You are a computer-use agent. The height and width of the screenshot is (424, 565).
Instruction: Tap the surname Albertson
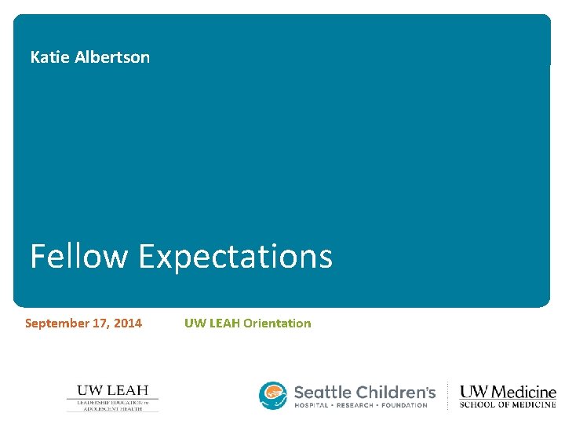112,57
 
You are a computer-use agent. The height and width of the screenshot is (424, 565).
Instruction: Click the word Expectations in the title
235,257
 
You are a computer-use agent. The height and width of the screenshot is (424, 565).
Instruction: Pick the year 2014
129,323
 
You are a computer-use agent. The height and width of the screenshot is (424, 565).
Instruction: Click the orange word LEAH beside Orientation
224,323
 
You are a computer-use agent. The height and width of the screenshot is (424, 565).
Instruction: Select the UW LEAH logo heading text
112,390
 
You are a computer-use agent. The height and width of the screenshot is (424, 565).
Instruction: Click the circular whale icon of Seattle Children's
274,396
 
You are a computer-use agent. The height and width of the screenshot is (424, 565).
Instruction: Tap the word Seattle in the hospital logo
323,391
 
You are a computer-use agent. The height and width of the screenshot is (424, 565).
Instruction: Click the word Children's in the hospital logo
395,391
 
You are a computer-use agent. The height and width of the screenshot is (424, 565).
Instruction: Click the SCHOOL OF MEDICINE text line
508,405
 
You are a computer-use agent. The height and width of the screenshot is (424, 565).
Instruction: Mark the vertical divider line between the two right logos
448,397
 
